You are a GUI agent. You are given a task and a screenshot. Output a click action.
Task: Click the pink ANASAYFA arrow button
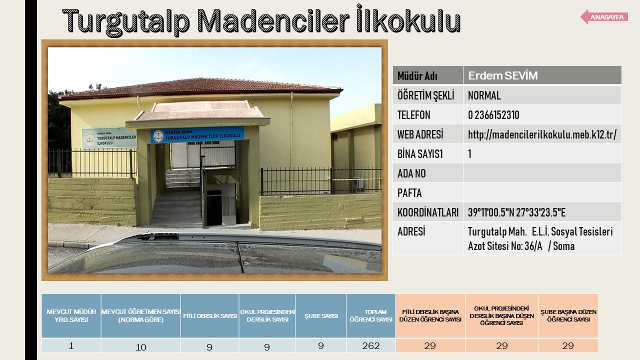pos(604,17)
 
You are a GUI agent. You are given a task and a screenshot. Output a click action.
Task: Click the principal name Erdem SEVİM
pos(503,75)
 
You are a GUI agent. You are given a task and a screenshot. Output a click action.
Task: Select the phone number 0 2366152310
pos(493,115)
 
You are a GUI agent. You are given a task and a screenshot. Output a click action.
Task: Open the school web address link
pos(542,134)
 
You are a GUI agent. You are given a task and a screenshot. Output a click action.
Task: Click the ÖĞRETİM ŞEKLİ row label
pos(425,95)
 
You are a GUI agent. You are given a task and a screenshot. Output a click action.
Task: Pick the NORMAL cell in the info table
pos(484,95)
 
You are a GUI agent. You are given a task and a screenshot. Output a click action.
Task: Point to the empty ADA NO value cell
pos(542,173)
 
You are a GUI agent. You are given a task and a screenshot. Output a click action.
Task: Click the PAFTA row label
pos(409,193)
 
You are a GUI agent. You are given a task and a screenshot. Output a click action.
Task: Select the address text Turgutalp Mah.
pos(497,231)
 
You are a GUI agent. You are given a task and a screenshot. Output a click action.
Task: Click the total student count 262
pos(371,345)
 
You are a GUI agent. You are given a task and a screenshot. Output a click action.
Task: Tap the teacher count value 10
pos(140,347)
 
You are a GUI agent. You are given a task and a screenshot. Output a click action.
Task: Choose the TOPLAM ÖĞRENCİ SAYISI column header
pos(371,315)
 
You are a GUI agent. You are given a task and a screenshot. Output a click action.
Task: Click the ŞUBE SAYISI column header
pos(321,316)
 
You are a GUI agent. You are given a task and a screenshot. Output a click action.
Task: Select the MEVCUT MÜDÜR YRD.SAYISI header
pos(71,315)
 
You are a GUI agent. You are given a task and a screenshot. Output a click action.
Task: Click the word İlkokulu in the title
pos(408,19)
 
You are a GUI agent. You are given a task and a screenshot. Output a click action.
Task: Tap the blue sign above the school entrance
pos(197,134)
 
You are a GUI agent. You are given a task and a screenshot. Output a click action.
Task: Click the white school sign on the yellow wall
pos(109,137)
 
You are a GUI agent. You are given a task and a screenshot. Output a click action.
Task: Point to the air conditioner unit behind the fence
pos(358,182)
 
